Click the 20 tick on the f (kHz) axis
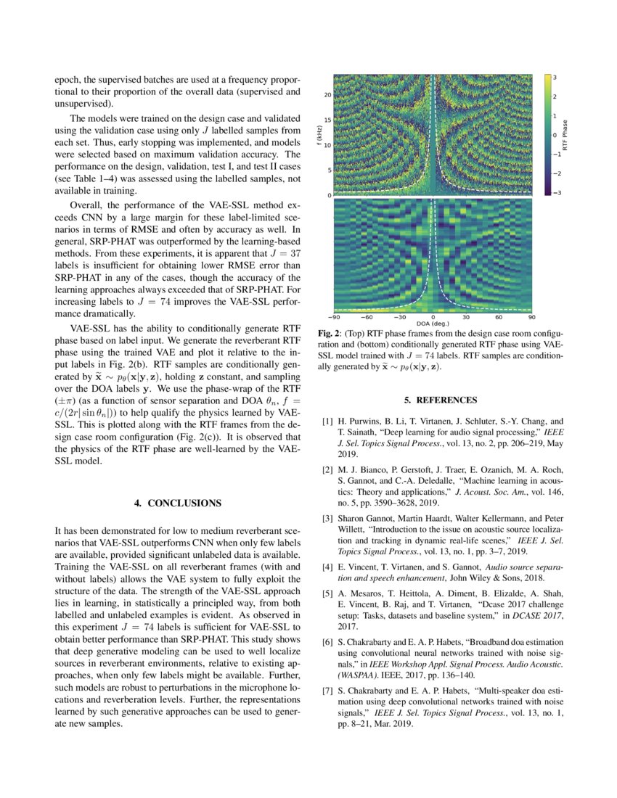point(327,94)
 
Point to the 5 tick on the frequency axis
point(329,170)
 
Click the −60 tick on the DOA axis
point(367,317)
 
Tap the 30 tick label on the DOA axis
point(466,317)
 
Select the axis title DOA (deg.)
point(433,324)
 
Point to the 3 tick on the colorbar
point(555,76)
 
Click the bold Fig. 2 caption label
point(331,333)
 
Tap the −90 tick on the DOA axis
point(334,317)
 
